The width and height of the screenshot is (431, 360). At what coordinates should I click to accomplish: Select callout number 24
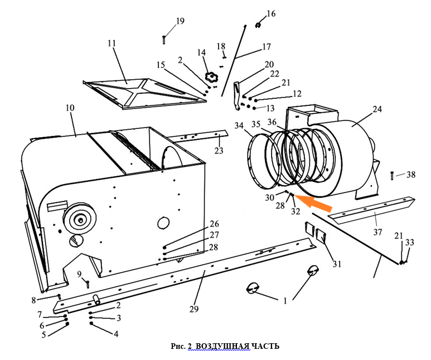[x=377, y=109]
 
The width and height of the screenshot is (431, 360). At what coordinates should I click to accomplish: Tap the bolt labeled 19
[x=164, y=40]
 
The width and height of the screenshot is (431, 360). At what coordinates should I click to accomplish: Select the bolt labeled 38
[x=393, y=175]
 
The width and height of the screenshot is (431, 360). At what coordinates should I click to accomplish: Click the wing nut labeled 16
[x=259, y=24]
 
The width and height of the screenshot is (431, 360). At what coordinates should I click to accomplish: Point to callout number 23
[x=219, y=151]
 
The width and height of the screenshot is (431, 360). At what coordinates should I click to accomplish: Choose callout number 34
[x=239, y=126]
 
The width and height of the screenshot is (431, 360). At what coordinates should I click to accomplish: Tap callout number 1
[x=285, y=300]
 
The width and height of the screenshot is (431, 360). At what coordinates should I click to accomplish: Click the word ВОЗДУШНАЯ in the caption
[x=223, y=347]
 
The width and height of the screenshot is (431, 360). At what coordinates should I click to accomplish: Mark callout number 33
[x=410, y=243]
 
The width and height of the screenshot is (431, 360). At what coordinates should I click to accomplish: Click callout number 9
[x=79, y=273]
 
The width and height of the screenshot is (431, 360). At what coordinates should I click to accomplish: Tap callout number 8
[x=33, y=301]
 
